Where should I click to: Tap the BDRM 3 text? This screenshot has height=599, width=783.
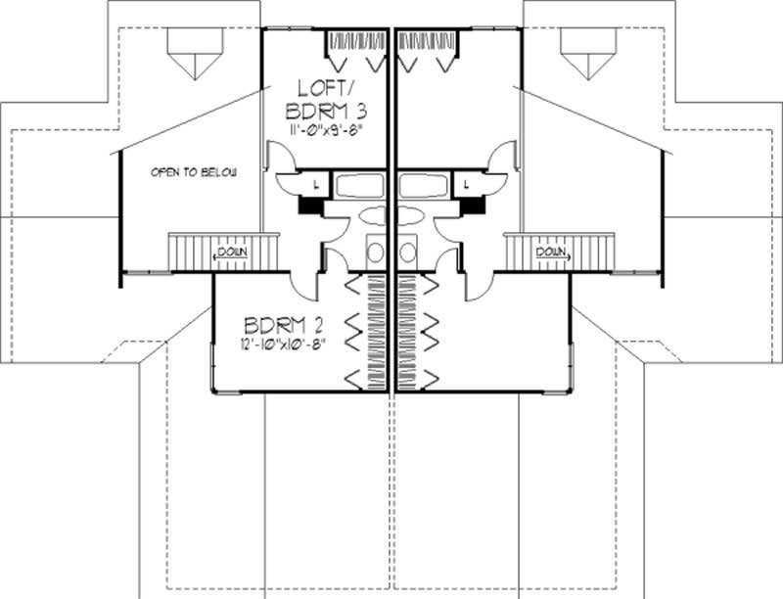(327, 107)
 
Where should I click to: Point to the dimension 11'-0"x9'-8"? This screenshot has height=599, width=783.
(327, 127)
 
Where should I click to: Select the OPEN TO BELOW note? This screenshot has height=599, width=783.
(195, 172)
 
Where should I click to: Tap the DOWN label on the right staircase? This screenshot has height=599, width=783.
(550, 253)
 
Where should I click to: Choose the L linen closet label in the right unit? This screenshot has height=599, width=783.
(469, 183)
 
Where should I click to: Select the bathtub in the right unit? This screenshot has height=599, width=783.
(424, 185)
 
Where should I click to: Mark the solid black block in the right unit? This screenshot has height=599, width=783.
(476, 206)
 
